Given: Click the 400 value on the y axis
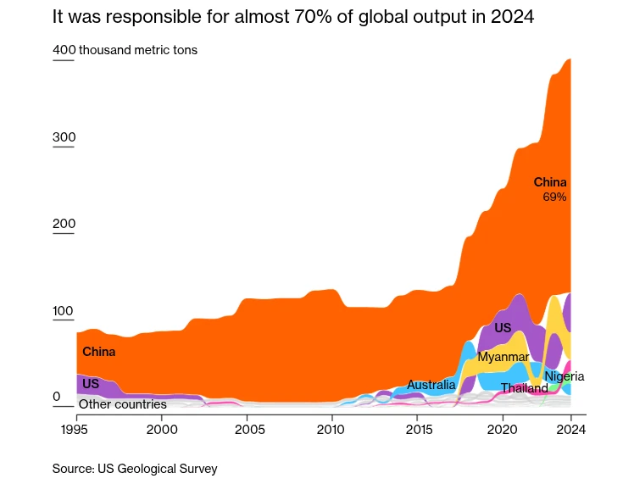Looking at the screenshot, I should click(64, 50).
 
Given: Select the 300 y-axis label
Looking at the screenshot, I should click(64, 137).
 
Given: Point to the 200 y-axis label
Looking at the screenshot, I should click(64, 224).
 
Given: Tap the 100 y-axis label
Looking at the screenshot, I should click(64, 311).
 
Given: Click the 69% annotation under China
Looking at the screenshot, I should click(554, 197).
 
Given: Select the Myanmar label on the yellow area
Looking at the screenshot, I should click(503, 357).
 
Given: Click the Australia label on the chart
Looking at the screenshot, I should click(431, 385).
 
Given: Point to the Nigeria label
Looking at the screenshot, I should click(565, 376).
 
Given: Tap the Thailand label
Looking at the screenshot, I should click(524, 388).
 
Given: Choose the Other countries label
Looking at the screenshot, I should click(123, 404).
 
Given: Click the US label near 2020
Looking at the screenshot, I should click(503, 328).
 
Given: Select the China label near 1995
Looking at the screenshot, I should click(98, 352).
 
